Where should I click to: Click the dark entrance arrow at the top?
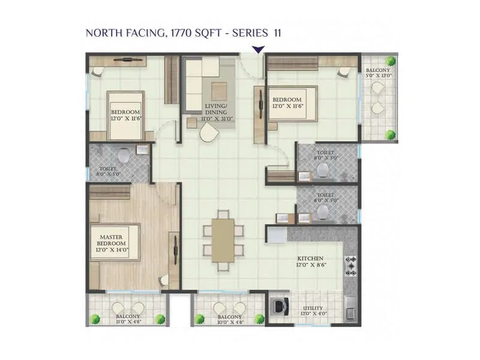coord(259,50)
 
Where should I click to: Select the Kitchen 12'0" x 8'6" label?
coord(310,262)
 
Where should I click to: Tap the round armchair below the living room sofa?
coord(209,133)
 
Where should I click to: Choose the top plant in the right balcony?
coord(391,61)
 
